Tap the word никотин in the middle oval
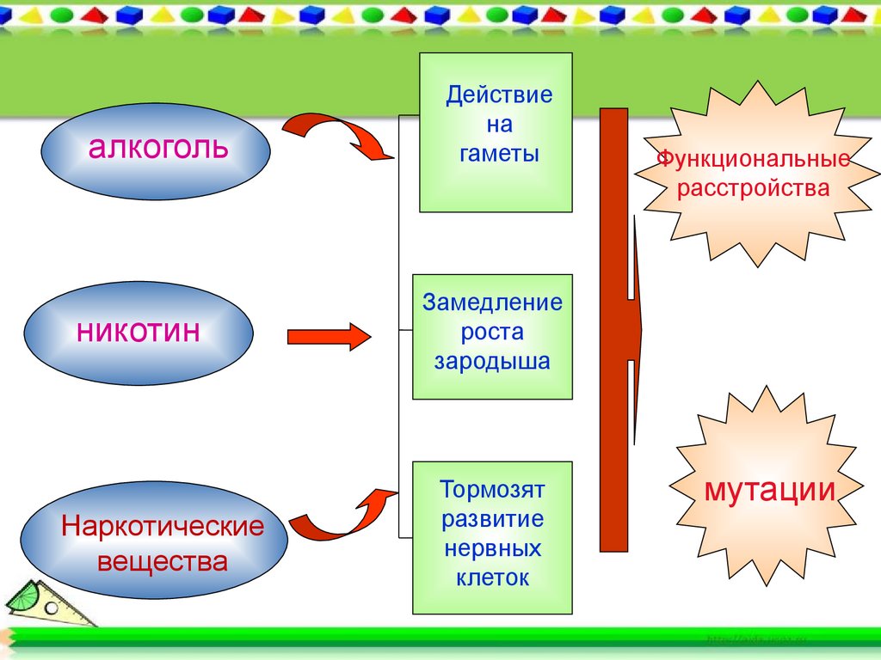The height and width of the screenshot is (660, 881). pos(139,331)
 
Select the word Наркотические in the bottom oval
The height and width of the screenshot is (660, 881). pos(162,526)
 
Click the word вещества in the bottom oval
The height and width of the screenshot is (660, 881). pos(162,562)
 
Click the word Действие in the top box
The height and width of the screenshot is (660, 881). pos(499,94)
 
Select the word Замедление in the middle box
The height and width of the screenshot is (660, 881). pos(492,302)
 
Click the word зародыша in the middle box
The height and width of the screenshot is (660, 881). pos(492,361)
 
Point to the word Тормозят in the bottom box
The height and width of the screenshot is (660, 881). pos(493,490)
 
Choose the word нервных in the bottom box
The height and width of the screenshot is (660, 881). pos(493,548)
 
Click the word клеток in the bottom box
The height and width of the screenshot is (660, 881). pos(493,577)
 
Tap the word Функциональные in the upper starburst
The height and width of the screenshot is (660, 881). pos(754,159)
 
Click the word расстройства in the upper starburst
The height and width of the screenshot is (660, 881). pos(754,187)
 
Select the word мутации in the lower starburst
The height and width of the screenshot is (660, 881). pos(770,491)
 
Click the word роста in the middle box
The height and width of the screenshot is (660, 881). pos(492,332)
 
